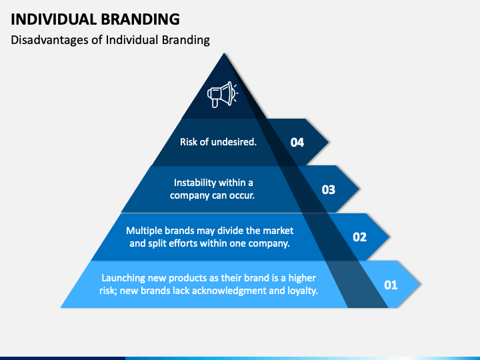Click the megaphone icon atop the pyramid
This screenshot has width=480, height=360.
click(x=223, y=94)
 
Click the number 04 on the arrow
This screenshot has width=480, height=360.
click(x=297, y=142)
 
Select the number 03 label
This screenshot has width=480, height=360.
click(x=328, y=189)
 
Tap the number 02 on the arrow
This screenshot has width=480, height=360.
click(x=359, y=237)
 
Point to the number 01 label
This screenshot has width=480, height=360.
click(x=391, y=285)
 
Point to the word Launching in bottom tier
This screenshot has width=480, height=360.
click(x=123, y=277)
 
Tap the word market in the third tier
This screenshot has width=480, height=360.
click(x=279, y=230)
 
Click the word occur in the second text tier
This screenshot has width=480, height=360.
click(x=241, y=195)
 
